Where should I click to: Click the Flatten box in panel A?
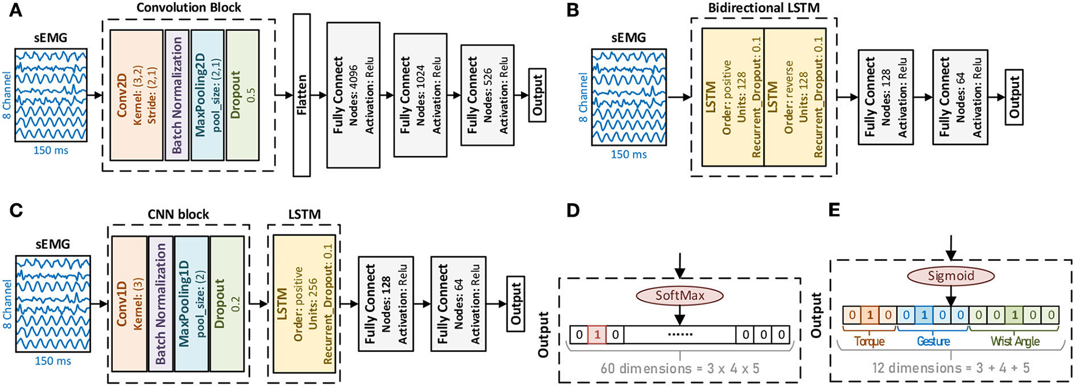pyautogui.click(x=302, y=95)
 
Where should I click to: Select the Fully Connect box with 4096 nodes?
pyautogui.click(x=353, y=95)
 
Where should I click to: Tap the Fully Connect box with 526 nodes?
pyautogui.click(x=487, y=95)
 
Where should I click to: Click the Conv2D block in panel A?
pyautogui.click(x=137, y=95)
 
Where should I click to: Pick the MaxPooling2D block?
pyautogui.click(x=207, y=95)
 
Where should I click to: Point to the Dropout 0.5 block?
pyautogui.click(x=243, y=95)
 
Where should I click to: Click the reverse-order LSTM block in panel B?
pyautogui.click(x=795, y=97)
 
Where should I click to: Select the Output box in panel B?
pyautogui.click(x=1014, y=97)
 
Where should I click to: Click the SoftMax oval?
pyautogui.click(x=679, y=296)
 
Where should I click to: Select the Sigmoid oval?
pyautogui.click(x=951, y=276)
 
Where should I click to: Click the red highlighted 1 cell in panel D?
pyautogui.click(x=597, y=334)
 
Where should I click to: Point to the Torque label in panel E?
pyautogui.click(x=869, y=341)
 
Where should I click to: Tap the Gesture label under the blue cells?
pyautogui.click(x=933, y=341)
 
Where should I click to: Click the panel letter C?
pyautogui.click(x=16, y=211)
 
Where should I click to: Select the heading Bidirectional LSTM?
pyautogui.click(x=764, y=8)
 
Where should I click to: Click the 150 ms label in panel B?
pyautogui.click(x=628, y=154)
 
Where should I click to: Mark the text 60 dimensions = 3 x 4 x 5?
pyautogui.click(x=679, y=368)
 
